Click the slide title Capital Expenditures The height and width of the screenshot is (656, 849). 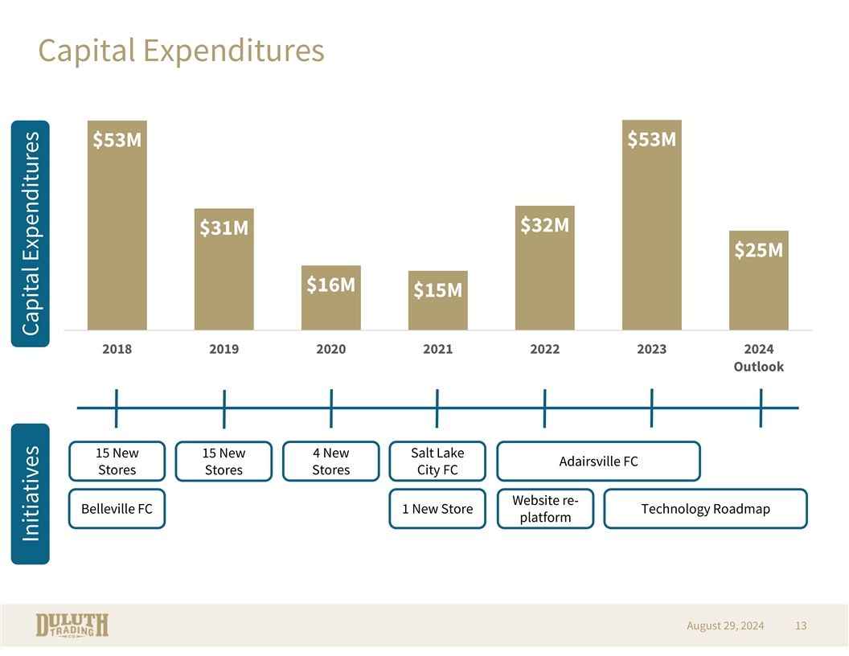(x=181, y=51)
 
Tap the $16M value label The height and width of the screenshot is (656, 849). (x=330, y=285)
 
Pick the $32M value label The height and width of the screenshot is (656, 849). (x=545, y=225)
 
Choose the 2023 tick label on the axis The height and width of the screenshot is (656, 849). (x=651, y=350)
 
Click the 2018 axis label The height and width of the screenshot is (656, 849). (x=117, y=350)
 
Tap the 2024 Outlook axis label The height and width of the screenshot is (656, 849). (x=758, y=358)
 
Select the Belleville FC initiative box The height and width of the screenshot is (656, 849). (x=117, y=509)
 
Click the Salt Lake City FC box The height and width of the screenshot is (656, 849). (x=437, y=461)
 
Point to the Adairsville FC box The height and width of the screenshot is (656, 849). (x=598, y=461)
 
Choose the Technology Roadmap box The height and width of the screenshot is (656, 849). (x=705, y=509)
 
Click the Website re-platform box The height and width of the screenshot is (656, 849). (x=545, y=509)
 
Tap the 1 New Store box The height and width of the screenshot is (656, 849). (x=437, y=509)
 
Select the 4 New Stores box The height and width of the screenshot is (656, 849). (x=330, y=461)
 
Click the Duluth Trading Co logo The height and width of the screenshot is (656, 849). (x=72, y=625)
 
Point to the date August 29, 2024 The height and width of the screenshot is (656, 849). (x=725, y=625)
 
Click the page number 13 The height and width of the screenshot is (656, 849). (x=800, y=625)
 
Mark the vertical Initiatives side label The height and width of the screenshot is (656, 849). (x=31, y=494)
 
